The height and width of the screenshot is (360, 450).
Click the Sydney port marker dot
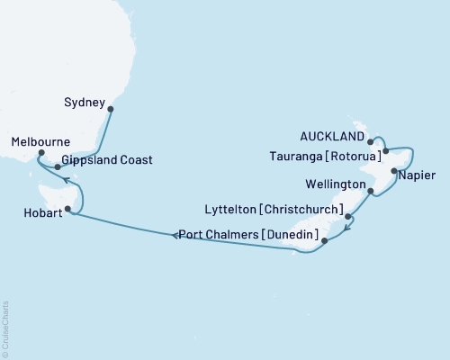click(x=110, y=110)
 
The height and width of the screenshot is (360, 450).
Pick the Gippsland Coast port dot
click(x=58, y=166)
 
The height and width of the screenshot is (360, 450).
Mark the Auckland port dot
click(x=371, y=142)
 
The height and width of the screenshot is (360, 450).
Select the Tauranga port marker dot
click(x=385, y=151)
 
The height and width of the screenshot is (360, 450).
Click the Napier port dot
click(x=393, y=169)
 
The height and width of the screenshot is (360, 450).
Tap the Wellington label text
click(x=336, y=184)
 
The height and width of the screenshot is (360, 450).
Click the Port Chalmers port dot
click(x=325, y=240)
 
